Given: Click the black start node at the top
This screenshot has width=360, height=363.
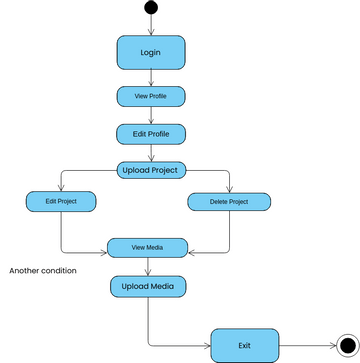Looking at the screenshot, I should (x=151, y=9).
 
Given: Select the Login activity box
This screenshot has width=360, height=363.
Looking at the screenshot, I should (x=151, y=52).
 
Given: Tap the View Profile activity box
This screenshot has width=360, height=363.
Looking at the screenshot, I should (x=150, y=97).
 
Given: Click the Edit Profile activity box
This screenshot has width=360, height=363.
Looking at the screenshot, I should (x=151, y=133).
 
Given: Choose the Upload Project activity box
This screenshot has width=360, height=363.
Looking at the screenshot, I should (x=151, y=170).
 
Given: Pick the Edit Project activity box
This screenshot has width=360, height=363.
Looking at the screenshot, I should (x=61, y=201).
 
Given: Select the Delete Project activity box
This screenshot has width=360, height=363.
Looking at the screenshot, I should (x=230, y=202).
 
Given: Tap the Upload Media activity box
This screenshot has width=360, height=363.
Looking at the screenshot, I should (x=149, y=287).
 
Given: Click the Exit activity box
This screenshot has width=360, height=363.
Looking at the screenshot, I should (x=244, y=345).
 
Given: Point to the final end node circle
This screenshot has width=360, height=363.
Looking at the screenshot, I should (x=347, y=345).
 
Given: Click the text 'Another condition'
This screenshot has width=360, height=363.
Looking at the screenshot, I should (x=43, y=270).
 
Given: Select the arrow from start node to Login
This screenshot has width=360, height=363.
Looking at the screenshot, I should (x=151, y=26).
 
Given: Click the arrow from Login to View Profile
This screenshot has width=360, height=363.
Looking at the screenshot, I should (x=151, y=78).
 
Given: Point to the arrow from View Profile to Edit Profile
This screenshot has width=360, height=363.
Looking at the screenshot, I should (x=151, y=115).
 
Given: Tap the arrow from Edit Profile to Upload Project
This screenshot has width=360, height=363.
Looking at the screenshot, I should (x=151, y=153).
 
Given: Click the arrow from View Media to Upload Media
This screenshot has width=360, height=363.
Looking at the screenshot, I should (x=149, y=267).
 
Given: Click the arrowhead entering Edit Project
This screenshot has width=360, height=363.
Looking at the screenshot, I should (x=61, y=187).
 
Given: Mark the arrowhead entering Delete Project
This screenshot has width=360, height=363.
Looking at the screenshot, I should (x=230, y=188).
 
